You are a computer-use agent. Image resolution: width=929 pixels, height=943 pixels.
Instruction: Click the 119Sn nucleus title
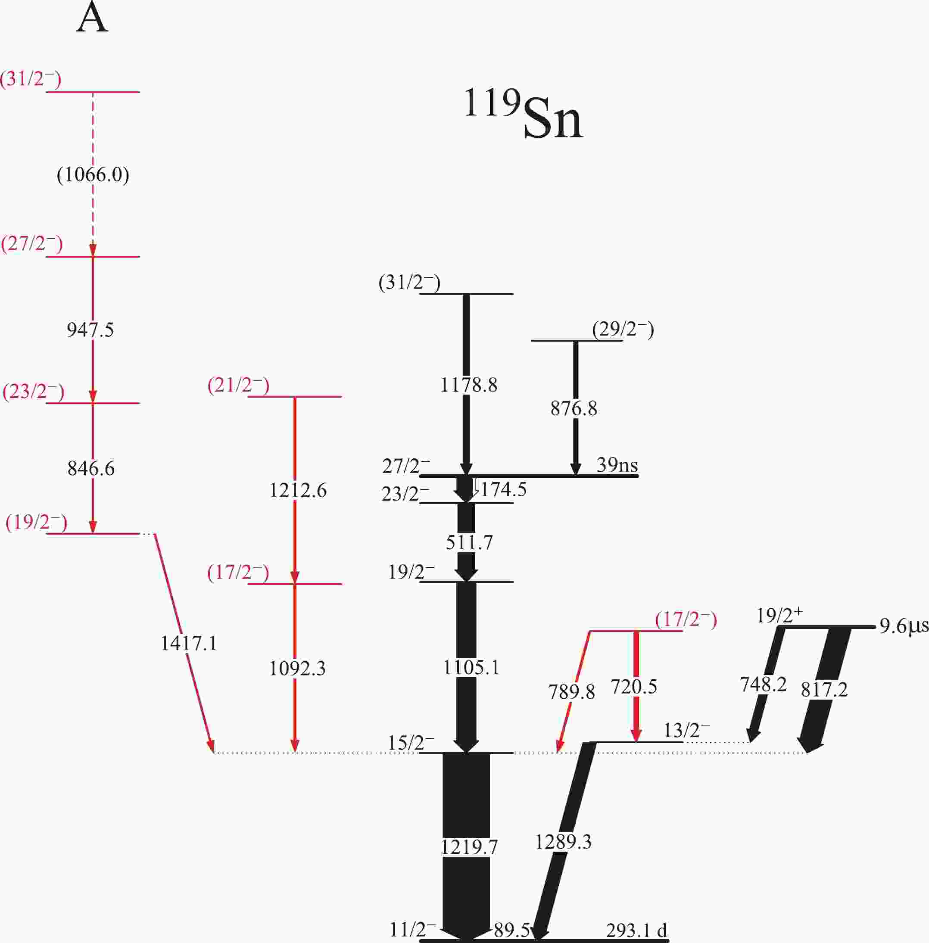523,114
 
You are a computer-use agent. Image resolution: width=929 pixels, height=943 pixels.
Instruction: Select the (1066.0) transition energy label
93,174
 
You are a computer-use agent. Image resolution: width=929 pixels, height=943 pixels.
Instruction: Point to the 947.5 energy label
90,330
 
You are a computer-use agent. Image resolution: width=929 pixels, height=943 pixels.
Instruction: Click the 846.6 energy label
91,469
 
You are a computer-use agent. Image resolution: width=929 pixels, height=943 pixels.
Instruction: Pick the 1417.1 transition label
189,644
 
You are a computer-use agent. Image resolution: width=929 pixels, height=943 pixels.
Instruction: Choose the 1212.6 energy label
298,491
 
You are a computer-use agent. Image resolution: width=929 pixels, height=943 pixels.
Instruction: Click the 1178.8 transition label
469,386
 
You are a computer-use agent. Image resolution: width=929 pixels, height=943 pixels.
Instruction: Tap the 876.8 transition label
574,408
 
